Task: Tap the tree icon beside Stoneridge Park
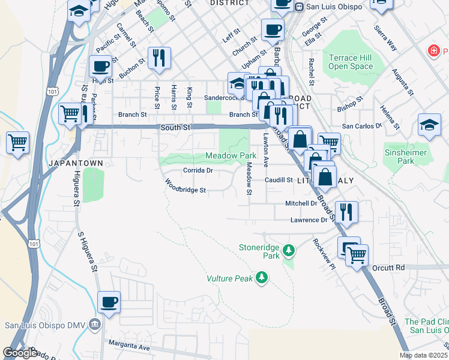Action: pyautogui.click(x=289, y=249)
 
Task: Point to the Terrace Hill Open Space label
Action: pyautogui.click(x=351, y=62)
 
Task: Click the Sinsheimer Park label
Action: pyautogui.click(x=406, y=157)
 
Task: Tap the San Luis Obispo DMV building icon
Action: pyautogui.click(x=95, y=325)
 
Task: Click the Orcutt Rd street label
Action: pyautogui.click(x=388, y=267)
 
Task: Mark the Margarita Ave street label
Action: pyautogui.click(x=128, y=345)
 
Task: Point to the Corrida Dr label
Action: pyautogui.click(x=197, y=170)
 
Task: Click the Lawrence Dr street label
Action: pyautogui.click(x=309, y=220)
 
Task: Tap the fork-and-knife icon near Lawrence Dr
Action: pyautogui.click(x=346, y=211)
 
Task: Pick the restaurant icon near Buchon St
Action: pyautogui.click(x=159, y=58)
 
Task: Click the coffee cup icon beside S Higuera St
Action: pyautogui.click(x=109, y=302)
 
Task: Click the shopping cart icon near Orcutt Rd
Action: pyautogui.click(x=356, y=255)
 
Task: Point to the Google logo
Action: pyautogui.click(x=20, y=353)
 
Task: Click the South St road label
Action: pyautogui.click(x=175, y=128)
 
